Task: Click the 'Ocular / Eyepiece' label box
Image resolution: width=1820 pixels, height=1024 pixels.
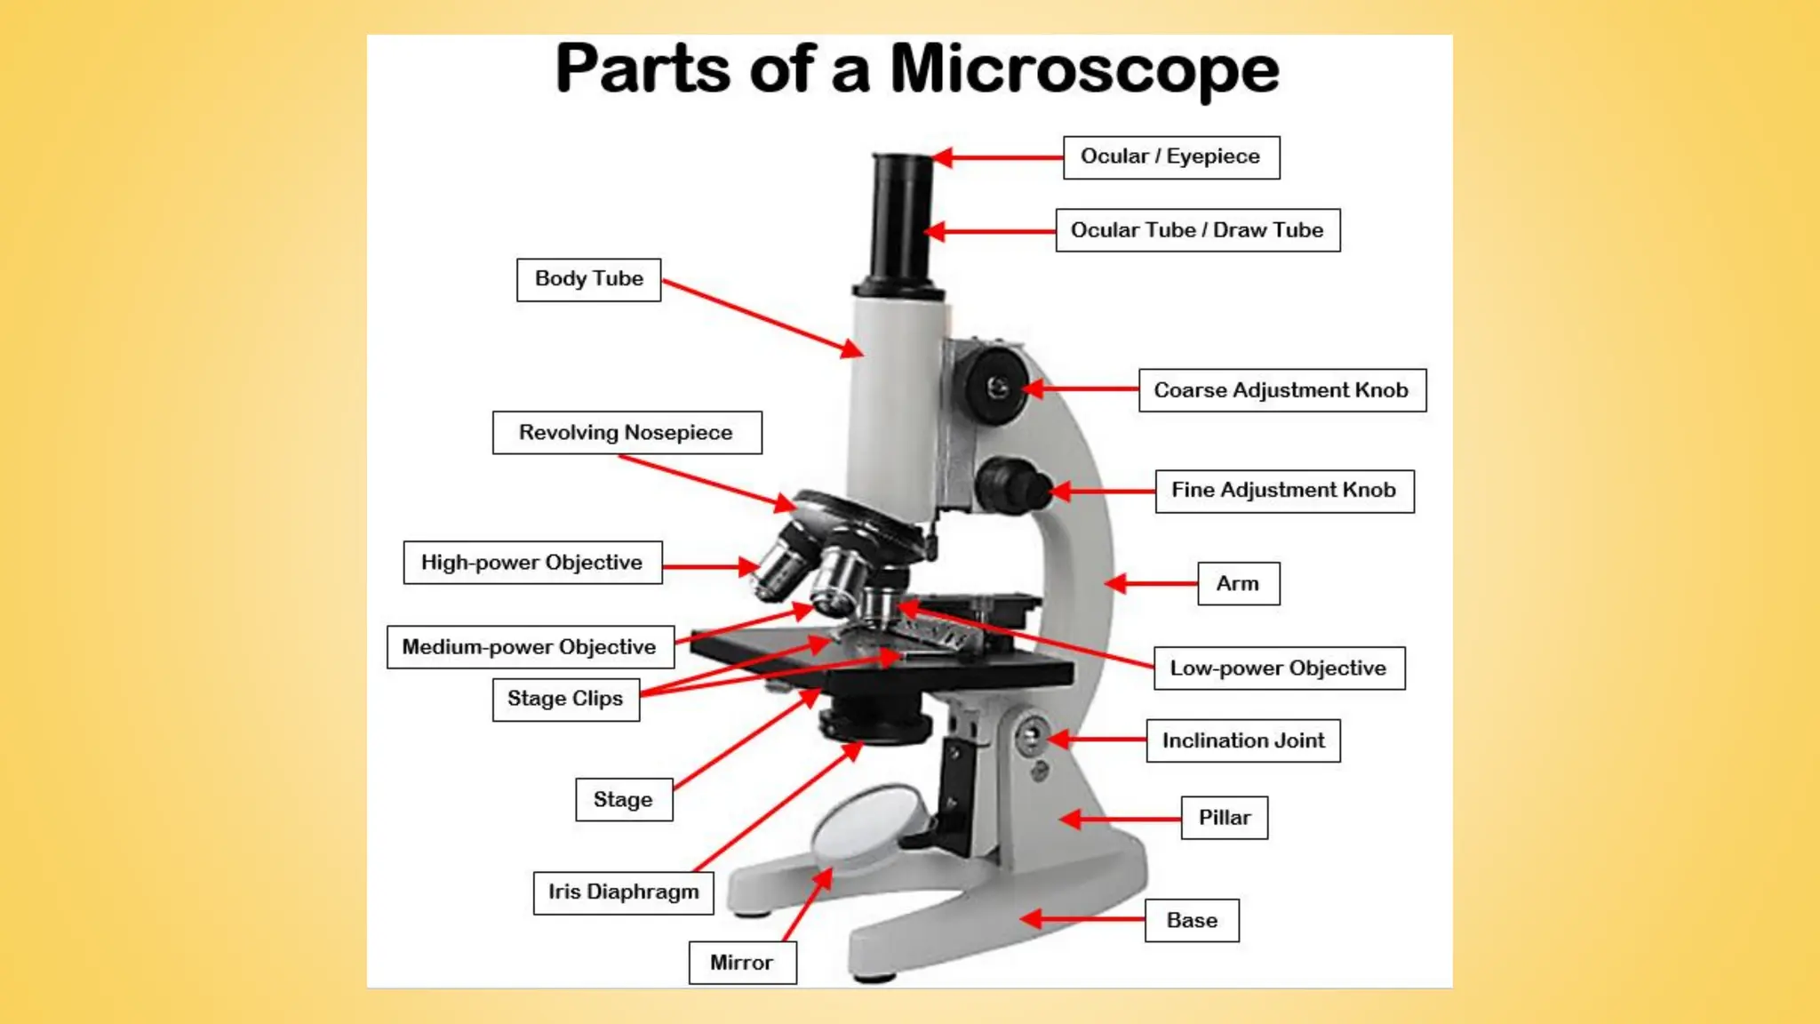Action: (x=1170, y=157)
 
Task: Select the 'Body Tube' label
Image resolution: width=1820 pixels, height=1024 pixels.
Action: (x=588, y=279)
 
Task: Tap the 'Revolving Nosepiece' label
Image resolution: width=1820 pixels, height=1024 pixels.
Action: (x=627, y=433)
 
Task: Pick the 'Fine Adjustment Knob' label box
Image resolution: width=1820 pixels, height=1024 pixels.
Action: (x=1283, y=491)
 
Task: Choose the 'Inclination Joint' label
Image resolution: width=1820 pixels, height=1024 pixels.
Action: (x=1242, y=740)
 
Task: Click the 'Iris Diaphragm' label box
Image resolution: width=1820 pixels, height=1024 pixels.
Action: (x=623, y=892)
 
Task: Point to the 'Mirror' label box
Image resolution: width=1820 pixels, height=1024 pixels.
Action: (x=741, y=963)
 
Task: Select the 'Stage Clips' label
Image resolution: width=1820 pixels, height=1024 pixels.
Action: (x=565, y=699)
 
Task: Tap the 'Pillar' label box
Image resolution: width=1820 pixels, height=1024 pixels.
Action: (x=1224, y=818)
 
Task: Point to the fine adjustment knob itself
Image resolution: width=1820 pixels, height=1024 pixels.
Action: (x=1011, y=485)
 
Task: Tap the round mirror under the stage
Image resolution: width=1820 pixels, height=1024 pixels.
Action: (x=867, y=825)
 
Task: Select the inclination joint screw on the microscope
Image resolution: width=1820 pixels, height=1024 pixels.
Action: (x=1032, y=737)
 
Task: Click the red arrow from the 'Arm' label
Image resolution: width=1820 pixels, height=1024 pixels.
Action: (x=1151, y=583)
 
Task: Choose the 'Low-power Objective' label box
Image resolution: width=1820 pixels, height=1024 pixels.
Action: (x=1279, y=668)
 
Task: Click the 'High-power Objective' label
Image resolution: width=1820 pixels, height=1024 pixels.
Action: (x=532, y=563)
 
